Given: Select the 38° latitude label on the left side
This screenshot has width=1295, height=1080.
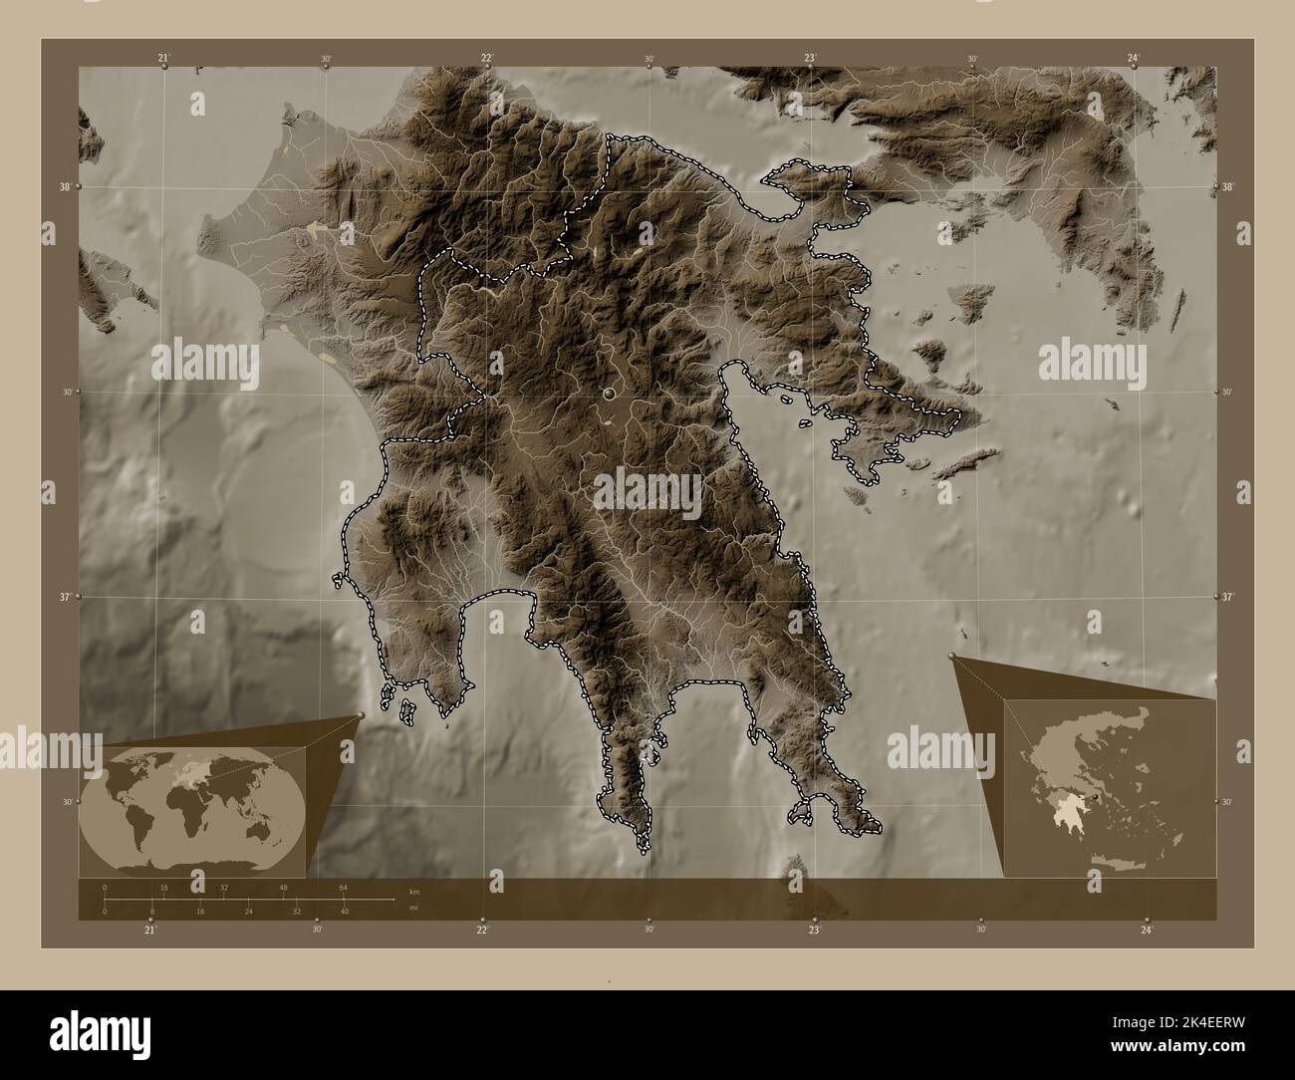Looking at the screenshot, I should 65,186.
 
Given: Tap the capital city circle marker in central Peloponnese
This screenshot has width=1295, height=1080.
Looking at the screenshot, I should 609,395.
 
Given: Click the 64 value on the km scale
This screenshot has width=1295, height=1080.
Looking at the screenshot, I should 344,887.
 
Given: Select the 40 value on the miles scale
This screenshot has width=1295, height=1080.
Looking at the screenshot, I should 344,912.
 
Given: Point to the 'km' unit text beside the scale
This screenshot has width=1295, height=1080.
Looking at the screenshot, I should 413,890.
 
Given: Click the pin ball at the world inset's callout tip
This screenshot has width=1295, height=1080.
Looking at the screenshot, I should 360,715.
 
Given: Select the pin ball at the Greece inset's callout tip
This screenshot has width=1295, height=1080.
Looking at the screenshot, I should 953,657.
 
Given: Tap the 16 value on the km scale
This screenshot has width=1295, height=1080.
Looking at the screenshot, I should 164,887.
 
